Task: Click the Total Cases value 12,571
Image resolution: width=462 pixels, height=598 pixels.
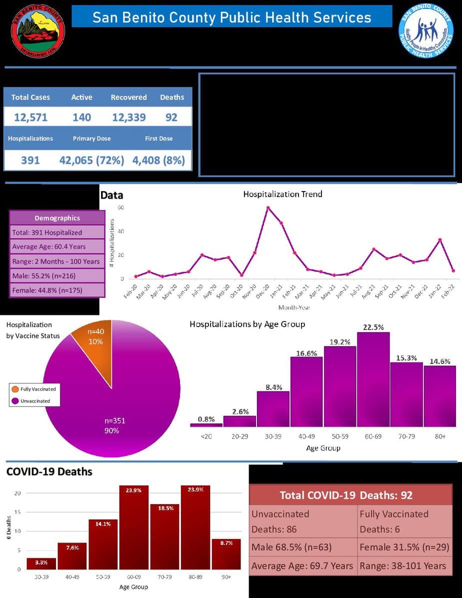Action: click(x=30, y=117)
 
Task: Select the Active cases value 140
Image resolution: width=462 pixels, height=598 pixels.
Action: click(x=81, y=117)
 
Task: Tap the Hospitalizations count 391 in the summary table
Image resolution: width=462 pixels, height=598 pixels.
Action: click(x=30, y=160)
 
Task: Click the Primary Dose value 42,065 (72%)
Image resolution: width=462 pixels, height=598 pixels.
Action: click(x=91, y=160)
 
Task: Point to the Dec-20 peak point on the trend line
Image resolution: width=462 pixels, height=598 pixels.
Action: click(x=268, y=207)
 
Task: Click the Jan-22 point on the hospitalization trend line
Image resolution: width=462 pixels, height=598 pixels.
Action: click(x=440, y=240)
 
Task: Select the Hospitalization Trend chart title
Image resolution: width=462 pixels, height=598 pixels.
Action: click(x=282, y=194)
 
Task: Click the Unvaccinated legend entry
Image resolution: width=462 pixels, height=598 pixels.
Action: click(x=35, y=401)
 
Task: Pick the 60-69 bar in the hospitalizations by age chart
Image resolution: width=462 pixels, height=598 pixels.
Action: click(x=373, y=379)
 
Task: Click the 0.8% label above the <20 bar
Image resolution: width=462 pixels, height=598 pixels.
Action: click(x=206, y=419)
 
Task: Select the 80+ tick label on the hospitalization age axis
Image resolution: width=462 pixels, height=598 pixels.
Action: click(x=440, y=436)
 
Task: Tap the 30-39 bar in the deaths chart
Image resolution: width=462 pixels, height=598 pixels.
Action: click(x=41, y=563)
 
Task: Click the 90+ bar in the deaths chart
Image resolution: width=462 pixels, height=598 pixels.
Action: click(x=226, y=554)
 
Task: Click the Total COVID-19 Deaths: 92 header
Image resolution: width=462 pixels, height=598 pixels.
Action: click(x=346, y=495)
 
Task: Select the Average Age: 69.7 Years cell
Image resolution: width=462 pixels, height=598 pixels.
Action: click(x=302, y=566)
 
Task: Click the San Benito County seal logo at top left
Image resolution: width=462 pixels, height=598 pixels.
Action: click(x=38, y=31)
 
